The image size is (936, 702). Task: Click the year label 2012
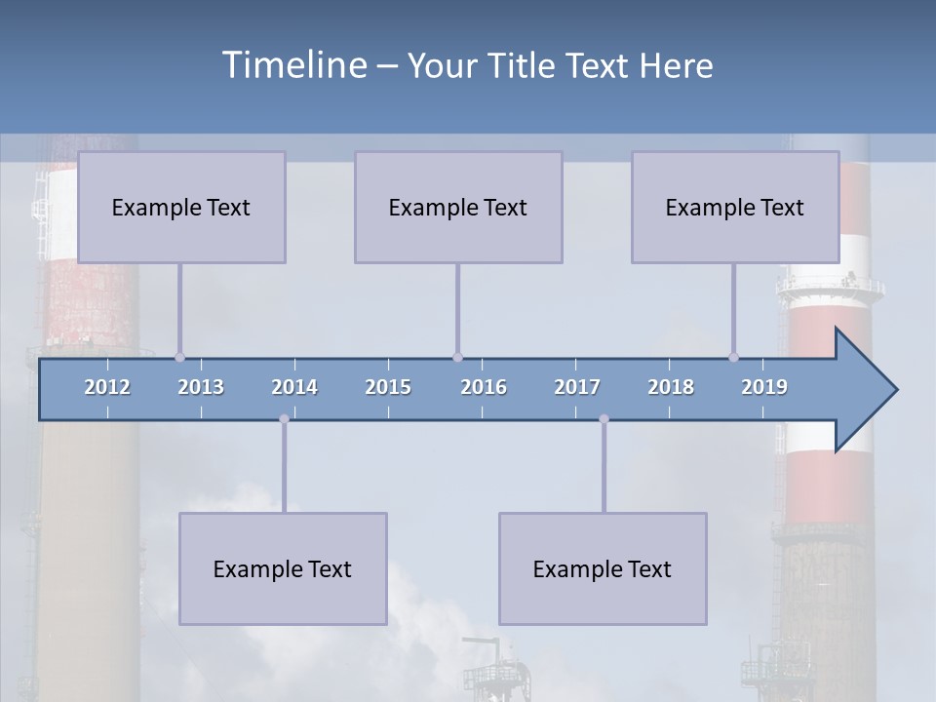tap(107, 387)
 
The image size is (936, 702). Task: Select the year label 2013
tap(201, 387)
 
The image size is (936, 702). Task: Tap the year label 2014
tap(294, 387)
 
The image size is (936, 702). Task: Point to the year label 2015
tap(388, 387)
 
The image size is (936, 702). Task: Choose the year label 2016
tap(484, 387)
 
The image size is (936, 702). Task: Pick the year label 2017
tap(577, 387)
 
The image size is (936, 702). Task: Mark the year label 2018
tap(671, 387)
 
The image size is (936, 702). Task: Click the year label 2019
tap(764, 387)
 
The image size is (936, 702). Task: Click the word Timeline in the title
tap(293, 65)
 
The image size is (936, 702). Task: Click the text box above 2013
tap(181, 207)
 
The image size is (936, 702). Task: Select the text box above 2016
tap(458, 207)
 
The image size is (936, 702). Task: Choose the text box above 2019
tap(735, 207)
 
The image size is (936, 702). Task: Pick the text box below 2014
tap(283, 568)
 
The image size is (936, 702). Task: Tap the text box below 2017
tap(603, 568)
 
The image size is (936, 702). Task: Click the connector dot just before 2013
tap(179, 357)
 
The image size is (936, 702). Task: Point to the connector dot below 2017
tap(604, 419)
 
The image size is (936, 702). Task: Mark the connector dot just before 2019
tap(733, 357)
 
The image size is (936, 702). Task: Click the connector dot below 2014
tap(284, 419)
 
